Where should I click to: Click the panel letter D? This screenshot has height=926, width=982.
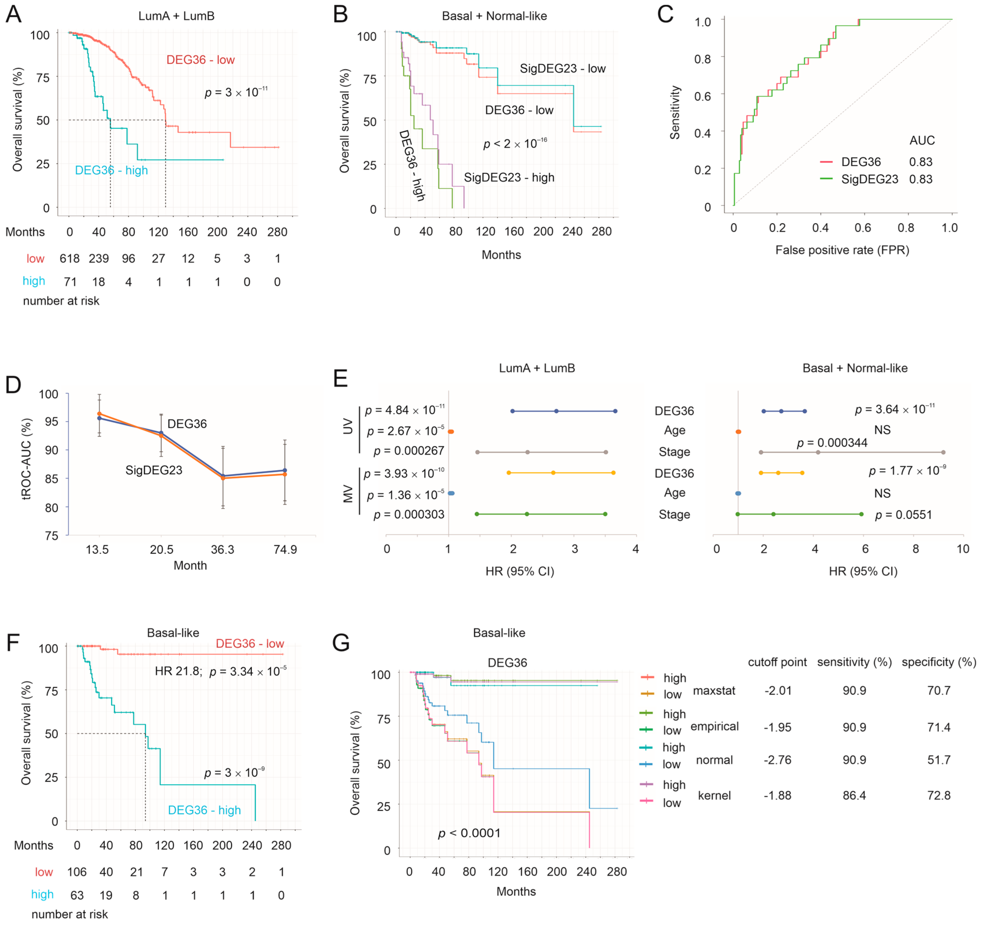(13, 385)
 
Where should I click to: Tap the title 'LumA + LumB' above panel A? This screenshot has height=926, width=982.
(176, 16)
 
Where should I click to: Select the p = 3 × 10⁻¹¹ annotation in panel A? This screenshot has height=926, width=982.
(236, 92)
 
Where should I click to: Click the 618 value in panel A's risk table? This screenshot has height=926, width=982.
(70, 258)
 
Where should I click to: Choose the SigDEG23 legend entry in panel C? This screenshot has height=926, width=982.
(869, 179)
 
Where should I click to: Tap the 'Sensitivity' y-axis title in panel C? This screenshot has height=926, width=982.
(675, 113)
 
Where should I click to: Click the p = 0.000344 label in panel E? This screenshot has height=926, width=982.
(832, 443)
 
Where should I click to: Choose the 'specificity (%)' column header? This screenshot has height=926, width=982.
(938, 662)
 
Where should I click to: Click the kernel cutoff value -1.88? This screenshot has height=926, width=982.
(777, 796)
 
